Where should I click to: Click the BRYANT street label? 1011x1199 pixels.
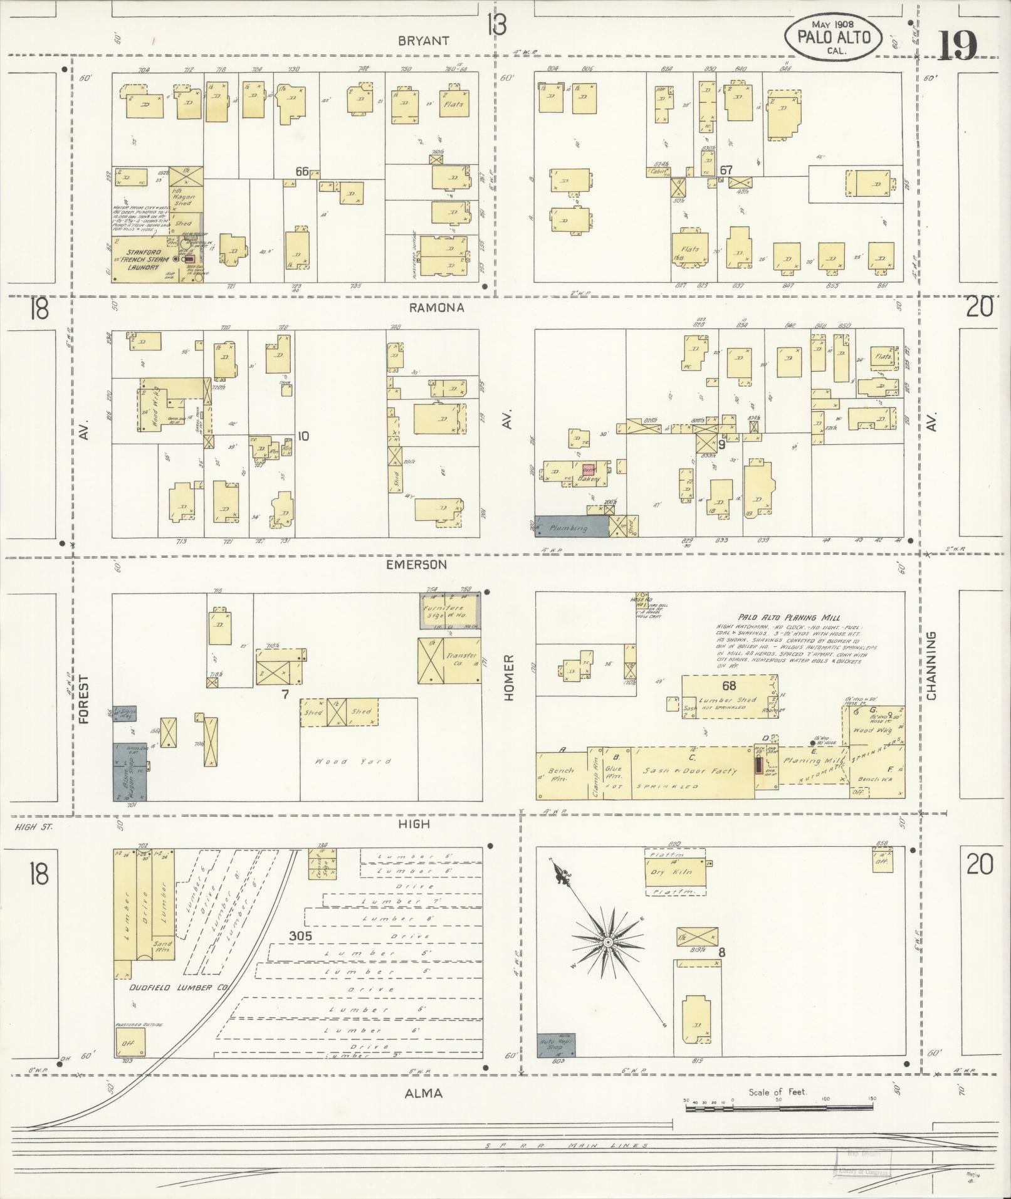click(424, 41)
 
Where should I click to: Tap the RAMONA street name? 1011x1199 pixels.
click(437, 308)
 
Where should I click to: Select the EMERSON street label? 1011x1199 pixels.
click(416, 565)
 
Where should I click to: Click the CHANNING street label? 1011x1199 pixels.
click(931, 665)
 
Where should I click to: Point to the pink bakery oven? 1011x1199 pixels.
click(588, 468)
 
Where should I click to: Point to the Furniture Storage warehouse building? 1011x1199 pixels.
click(450, 611)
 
